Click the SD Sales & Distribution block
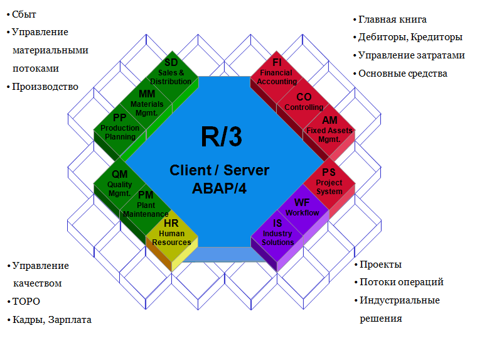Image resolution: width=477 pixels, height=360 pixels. [x=171, y=73]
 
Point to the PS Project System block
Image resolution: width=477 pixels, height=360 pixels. [x=330, y=183]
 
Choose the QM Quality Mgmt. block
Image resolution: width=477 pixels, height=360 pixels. [x=119, y=183]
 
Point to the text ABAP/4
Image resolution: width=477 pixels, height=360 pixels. [x=220, y=188]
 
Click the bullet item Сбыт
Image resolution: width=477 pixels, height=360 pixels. [x=27, y=14]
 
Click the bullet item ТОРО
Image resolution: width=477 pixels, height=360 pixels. [x=26, y=302]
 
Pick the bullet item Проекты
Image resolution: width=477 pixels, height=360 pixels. [x=380, y=265]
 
